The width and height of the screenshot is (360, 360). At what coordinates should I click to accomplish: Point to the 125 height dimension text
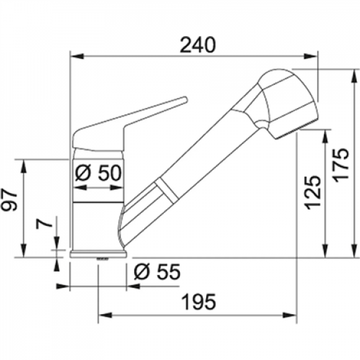[x=312, y=191]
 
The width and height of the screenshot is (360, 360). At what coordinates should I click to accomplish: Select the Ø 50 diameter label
[x=98, y=173]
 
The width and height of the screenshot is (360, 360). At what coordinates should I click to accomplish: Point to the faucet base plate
[x=98, y=254]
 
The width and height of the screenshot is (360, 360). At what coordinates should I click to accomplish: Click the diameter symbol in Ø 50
[x=82, y=173]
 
